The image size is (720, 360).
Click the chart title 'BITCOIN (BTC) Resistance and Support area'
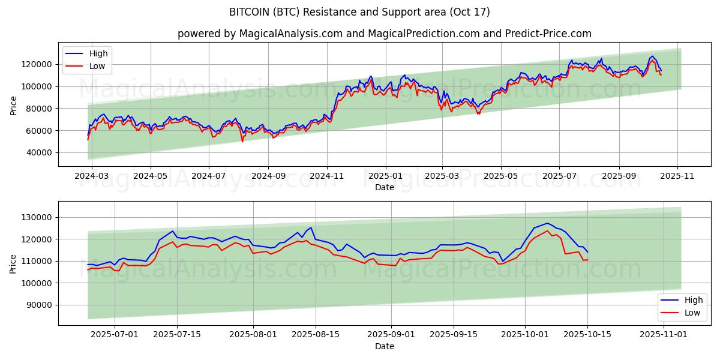pyautogui.click(x=359, y=12)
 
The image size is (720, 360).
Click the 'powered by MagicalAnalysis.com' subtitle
pyautogui.click(x=384, y=34)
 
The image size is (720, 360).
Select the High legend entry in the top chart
pyautogui.click(x=98, y=54)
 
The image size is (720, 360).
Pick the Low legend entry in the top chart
pyautogui.click(x=97, y=66)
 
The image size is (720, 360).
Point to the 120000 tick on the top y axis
pyautogui.click(x=38, y=64)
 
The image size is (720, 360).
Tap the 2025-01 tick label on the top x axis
pyautogui.click(x=385, y=176)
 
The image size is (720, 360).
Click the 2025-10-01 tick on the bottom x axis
pyautogui.click(x=525, y=334)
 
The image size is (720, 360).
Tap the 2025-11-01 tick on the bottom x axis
pyautogui.click(x=664, y=334)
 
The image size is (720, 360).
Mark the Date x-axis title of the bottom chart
pyautogui.click(x=384, y=346)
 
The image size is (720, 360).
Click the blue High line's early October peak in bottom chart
pyautogui.click(x=547, y=223)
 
